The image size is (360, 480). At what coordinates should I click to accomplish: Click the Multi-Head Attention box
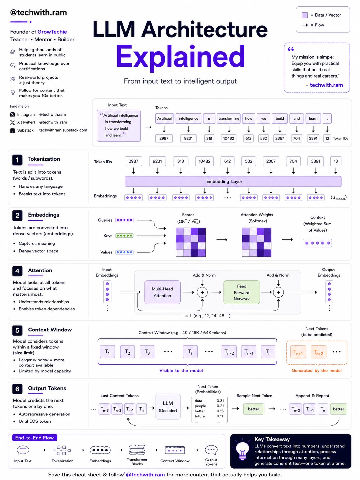162,292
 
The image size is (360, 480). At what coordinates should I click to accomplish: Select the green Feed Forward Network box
242,292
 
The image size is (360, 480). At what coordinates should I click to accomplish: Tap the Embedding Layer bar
233,182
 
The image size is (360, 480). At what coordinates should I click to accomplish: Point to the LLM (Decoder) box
168,406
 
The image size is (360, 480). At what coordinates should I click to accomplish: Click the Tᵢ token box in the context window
190,352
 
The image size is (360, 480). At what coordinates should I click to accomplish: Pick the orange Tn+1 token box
298,352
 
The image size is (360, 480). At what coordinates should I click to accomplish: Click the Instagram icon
13,115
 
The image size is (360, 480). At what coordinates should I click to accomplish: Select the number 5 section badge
17,330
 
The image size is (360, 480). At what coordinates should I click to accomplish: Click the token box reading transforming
229,118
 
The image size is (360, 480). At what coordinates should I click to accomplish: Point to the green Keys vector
124,235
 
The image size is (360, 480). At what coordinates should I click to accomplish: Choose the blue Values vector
124,252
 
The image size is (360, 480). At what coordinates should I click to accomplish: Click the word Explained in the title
180,57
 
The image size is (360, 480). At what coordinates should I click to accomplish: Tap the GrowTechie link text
52,32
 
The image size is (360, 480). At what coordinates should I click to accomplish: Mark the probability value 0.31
220,401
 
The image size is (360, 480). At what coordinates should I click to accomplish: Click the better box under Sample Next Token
253,409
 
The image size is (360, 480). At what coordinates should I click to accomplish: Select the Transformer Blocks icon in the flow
137,450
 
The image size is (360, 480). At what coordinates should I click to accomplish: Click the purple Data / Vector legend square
305,15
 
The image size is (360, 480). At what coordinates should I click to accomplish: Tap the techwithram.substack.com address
63,130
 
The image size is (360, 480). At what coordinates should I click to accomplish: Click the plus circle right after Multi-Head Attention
202,292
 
